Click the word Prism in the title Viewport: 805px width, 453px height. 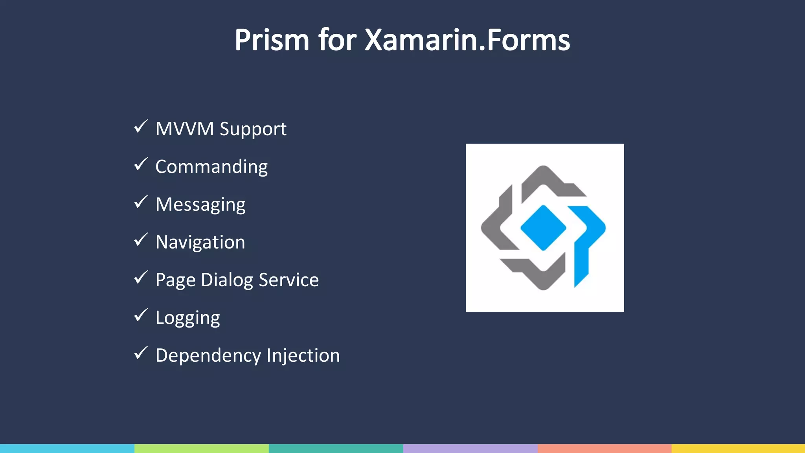pyautogui.click(x=272, y=40)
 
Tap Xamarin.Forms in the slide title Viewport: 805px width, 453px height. pyautogui.click(x=467, y=40)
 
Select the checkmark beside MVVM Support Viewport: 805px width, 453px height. pyautogui.click(x=141, y=127)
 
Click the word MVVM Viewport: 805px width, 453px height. pyautogui.click(x=184, y=129)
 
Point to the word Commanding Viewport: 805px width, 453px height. pyautogui.click(x=211, y=167)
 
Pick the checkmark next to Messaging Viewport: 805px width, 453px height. pyautogui.click(x=141, y=202)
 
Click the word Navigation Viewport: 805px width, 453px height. pyautogui.click(x=200, y=242)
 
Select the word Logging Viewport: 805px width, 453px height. pyautogui.click(x=187, y=318)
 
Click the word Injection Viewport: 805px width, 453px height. pyautogui.click(x=303, y=355)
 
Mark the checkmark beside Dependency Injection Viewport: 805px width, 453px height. pyautogui.click(x=141, y=353)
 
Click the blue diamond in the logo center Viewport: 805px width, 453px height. pyautogui.click(x=543, y=228)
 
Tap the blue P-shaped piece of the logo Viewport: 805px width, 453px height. pyautogui.click(x=588, y=236)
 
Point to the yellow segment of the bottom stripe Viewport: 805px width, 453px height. pyautogui.click(x=738, y=448)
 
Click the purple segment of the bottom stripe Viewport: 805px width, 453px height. pyautogui.click(x=470, y=448)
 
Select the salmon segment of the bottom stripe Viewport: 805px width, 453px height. pyautogui.click(x=605, y=448)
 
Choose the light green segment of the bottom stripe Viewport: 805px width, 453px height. pyautogui.click(x=201, y=448)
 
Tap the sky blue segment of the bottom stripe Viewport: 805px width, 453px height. pyautogui.click(x=67, y=448)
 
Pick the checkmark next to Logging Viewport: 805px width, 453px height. pyautogui.click(x=141, y=315)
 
